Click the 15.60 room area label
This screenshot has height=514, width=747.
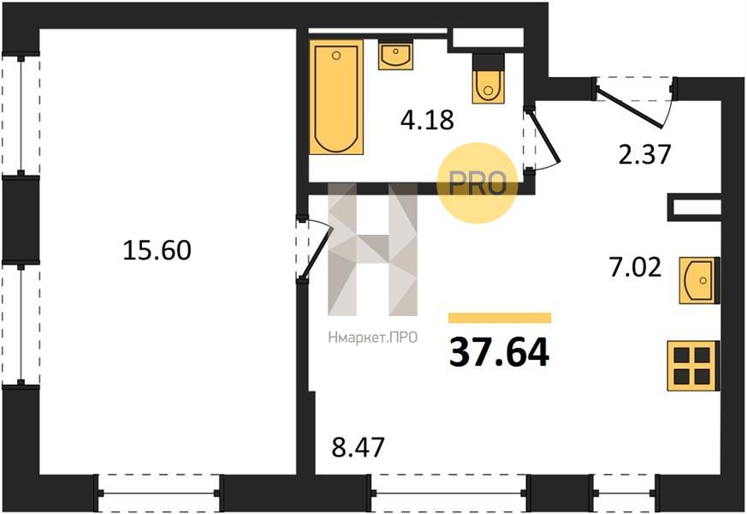point(157,250)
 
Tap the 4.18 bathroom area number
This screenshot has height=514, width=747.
point(427,119)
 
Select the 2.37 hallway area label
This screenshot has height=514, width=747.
point(644,154)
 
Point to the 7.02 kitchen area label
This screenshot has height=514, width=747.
point(635,267)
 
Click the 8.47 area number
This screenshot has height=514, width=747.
point(358,447)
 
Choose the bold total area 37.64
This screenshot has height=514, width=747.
point(499,352)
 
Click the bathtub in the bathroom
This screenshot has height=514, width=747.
point(336,98)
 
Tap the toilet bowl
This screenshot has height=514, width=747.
point(488,79)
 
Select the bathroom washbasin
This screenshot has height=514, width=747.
point(395,55)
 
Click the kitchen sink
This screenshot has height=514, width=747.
point(699,280)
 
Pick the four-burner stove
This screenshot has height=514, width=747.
point(693,366)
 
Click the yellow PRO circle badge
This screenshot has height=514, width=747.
point(477,183)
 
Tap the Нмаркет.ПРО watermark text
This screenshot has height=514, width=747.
point(373,338)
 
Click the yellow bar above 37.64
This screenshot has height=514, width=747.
point(500,318)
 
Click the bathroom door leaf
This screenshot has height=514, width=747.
point(544,135)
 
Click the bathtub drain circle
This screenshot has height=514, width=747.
point(336,56)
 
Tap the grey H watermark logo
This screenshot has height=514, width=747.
point(372,249)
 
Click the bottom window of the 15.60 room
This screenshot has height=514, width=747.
point(158,493)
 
